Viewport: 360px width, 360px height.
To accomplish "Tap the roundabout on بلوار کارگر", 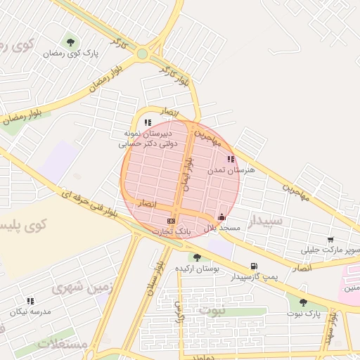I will click(x=143, y=53).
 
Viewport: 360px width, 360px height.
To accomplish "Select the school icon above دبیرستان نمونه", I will click(x=147, y=122).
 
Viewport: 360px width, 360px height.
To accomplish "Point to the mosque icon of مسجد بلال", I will click(x=222, y=217).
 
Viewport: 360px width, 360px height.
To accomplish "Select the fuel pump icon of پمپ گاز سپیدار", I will click(x=253, y=266).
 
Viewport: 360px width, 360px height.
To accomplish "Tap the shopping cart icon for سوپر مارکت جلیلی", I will click(x=330, y=240).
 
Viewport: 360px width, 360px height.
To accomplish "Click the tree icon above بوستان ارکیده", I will click(x=197, y=257).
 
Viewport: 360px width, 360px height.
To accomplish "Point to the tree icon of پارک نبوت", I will click(x=303, y=302).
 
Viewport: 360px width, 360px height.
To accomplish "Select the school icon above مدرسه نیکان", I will click(x=30, y=301).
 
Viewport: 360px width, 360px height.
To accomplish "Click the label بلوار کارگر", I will click(x=175, y=77).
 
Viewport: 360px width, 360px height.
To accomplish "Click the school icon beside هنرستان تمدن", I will click(x=231, y=159).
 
